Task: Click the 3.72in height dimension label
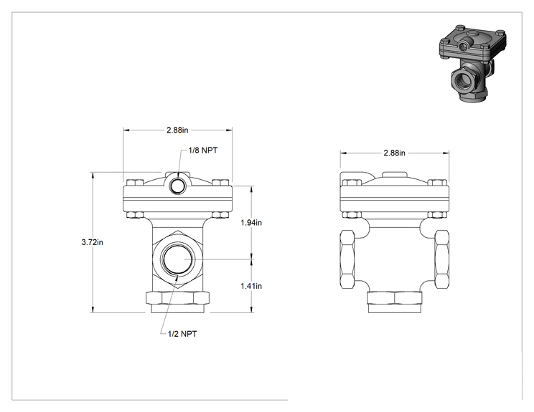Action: click(92, 242)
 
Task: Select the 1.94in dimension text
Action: click(251, 223)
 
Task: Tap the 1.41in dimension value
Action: click(251, 286)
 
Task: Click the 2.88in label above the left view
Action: click(177, 130)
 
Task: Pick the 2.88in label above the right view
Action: click(394, 153)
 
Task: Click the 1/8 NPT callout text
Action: click(203, 150)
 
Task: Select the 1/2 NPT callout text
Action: click(182, 334)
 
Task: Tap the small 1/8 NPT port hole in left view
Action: click(178, 186)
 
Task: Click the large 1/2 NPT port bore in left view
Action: click(177, 259)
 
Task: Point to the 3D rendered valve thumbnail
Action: click(472, 62)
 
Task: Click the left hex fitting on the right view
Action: click(347, 259)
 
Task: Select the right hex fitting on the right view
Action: click(441, 259)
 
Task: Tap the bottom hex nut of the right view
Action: click(394, 298)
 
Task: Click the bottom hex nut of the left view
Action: click(177, 298)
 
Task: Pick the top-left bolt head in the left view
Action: click(134, 183)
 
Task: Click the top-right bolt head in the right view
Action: click(437, 183)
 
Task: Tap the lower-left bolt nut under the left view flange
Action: click(134, 215)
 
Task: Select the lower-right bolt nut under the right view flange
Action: click(437, 215)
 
